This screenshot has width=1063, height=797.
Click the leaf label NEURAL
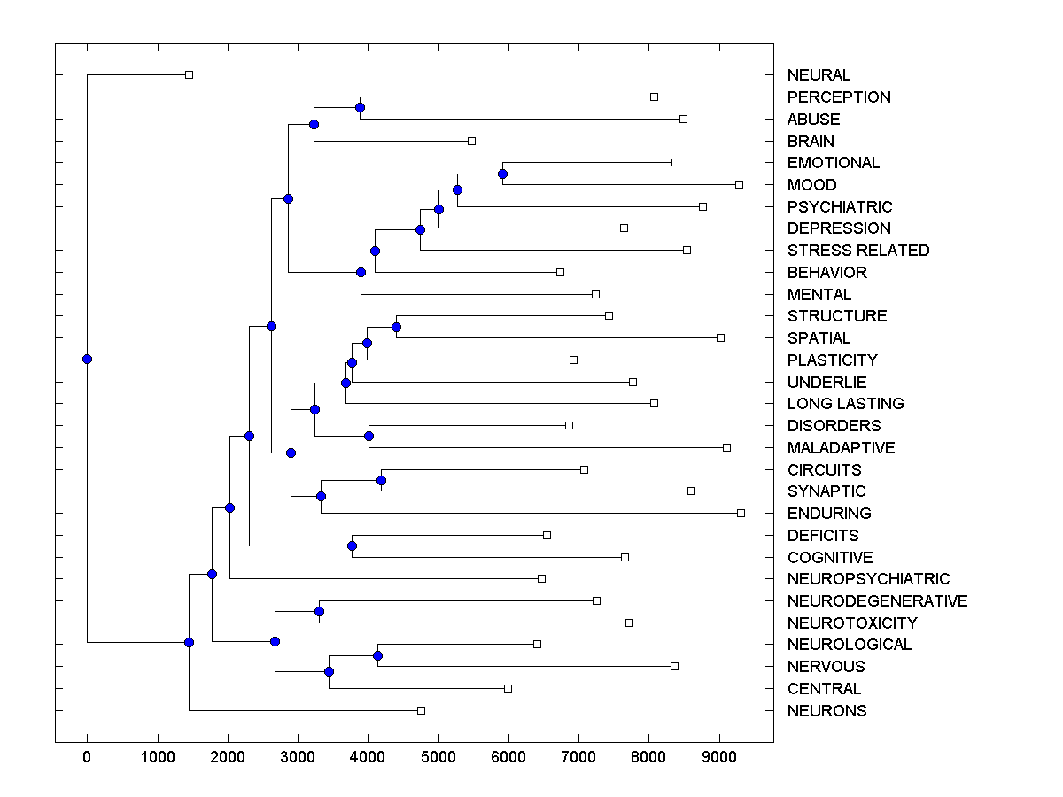(x=819, y=75)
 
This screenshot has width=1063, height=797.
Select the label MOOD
(x=811, y=185)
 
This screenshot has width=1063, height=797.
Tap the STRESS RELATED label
(x=857, y=251)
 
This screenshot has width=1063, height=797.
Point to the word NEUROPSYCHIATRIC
(x=868, y=579)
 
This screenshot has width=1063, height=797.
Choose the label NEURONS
(x=826, y=711)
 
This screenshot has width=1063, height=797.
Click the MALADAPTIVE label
(x=841, y=448)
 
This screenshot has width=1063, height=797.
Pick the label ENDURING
(x=829, y=514)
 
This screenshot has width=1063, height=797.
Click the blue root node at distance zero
(x=87, y=359)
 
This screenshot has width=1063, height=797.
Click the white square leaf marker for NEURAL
(x=189, y=74)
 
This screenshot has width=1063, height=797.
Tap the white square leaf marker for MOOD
(x=739, y=184)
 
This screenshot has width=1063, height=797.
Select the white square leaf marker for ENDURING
(x=741, y=513)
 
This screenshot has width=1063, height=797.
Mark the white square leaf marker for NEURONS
(x=421, y=710)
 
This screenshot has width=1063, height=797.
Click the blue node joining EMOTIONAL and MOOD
(x=502, y=174)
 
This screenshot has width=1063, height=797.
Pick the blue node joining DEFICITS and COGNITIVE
(x=352, y=546)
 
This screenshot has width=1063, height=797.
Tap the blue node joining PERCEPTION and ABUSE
(x=360, y=107)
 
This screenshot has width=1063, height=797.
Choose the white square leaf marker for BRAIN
(x=471, y=141)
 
